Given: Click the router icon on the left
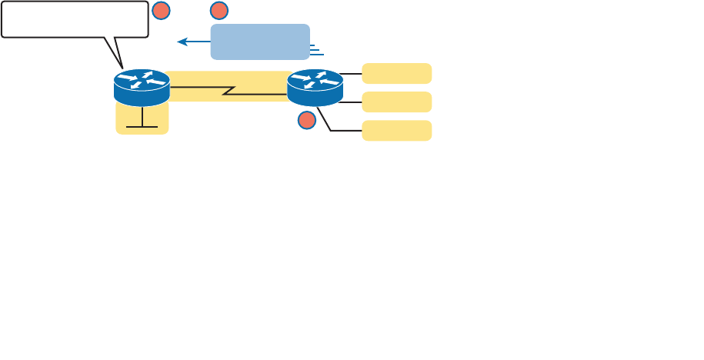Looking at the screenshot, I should [x=142, y=87].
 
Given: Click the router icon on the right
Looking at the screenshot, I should [x=315, y=87].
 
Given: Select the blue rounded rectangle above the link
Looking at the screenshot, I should [x=260, y=42].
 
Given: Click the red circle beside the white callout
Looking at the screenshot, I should [x=161, y=10].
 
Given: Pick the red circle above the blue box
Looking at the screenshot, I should [x=219, y=10].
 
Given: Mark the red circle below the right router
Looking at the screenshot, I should [x=307, y=120].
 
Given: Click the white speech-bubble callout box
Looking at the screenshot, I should [x=75, y=19].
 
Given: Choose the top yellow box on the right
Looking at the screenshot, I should [x=396, y=73].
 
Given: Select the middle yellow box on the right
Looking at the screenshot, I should [x=396, y=102].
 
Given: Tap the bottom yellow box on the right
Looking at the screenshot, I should [x=396, y=130].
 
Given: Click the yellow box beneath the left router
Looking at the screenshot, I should [x=142, y=123].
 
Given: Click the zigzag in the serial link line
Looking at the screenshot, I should [x=229, y=91].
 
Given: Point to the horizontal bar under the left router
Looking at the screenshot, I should [x=142, y=127].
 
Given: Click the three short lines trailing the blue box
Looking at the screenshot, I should [x=316, y=51].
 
